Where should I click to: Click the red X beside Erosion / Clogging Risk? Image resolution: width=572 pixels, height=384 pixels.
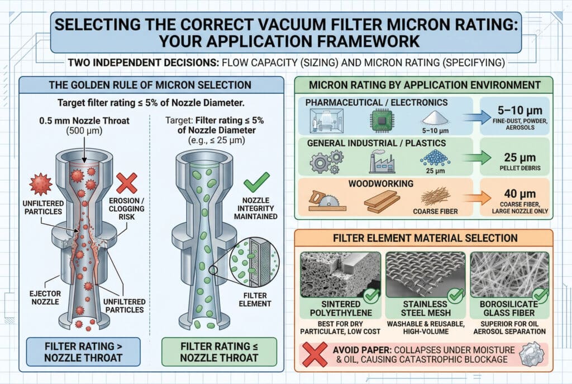(127, 183)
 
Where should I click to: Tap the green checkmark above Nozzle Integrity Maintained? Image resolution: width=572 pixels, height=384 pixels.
(256, 182)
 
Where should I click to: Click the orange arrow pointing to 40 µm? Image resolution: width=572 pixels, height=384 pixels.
(477, 198)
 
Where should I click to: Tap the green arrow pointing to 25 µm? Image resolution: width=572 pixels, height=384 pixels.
(477, 158)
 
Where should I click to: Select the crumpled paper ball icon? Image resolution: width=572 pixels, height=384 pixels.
(533, 353)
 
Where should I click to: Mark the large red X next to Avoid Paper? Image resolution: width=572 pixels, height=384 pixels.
(315, 354)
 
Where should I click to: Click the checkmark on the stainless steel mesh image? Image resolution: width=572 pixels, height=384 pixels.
(455, 295)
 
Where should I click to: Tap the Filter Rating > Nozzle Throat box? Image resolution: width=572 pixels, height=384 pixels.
(83, 352)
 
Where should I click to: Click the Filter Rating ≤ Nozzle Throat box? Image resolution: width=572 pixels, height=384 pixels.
(219, 352)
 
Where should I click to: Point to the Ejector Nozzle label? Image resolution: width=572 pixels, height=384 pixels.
(45, 297)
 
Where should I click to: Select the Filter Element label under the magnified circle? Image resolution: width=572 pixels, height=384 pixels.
(255, 299)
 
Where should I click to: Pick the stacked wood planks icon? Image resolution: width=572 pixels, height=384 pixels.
(381, 202)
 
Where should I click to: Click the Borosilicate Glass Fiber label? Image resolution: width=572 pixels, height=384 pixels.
(509, 309)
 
